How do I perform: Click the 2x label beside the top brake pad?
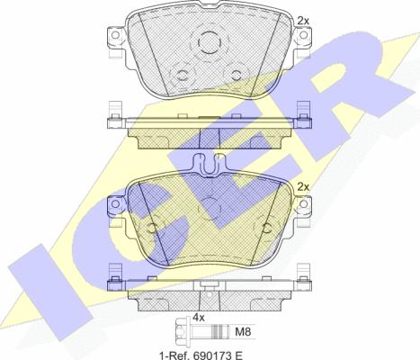(x=303, y=19)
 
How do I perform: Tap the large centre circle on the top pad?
(x=210, y=41)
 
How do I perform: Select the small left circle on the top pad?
(x=185, y=76)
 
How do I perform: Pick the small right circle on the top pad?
(x=237, y=76)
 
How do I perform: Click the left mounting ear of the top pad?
(x=116, y=39)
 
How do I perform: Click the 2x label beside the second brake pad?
(x=303, y=186)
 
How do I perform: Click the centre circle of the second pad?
(x=210, y=206)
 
